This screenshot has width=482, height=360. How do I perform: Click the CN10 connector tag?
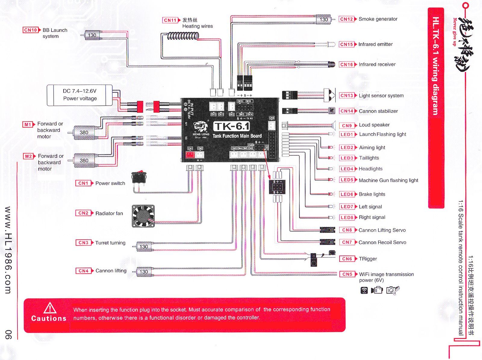click(30, 30)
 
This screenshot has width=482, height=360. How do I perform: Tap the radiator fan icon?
click(143, 216)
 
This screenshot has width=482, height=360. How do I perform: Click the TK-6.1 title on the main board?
click(232, 126)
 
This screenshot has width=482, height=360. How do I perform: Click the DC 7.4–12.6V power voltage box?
click(80, 95)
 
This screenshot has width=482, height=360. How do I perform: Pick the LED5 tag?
click(347, 180)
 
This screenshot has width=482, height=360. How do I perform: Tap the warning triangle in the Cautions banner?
click(50, 308)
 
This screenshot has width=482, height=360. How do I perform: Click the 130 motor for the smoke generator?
click(324, 20)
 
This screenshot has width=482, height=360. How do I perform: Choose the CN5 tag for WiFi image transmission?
click(347, 274)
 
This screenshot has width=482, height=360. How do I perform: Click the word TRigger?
click(368, 259)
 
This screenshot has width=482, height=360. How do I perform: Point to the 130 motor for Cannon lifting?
click(144, 272)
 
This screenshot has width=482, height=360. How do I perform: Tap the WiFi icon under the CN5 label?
click(364, 290)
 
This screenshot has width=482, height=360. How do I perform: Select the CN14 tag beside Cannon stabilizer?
click(347, 111)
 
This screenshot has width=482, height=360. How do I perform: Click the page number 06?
click(8, 334)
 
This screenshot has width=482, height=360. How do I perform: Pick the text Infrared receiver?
click(377, 64)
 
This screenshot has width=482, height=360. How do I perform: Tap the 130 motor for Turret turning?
click(144, 247)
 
